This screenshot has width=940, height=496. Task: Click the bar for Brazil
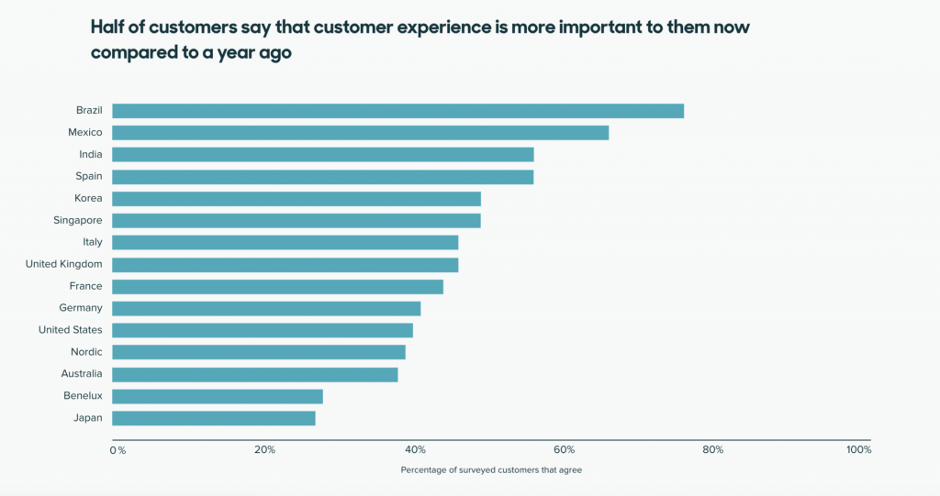coord(397,111)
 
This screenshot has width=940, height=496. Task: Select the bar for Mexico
coord(360,133)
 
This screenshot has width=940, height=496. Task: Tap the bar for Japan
coord(213,418)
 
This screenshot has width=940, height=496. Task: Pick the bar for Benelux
coord(217,396)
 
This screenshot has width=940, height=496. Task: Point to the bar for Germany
coord(266,308)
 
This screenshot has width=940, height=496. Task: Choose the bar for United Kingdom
coord(285,265)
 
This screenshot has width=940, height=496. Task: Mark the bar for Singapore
coord(296,221)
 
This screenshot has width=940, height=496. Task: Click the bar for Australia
coord(254,374)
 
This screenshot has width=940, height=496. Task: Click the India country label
coord(90,154)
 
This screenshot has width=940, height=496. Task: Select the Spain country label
coord(88,176)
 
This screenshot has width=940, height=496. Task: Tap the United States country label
coord(70,330)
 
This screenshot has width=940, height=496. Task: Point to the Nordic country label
coord(86,352)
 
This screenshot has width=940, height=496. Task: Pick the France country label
coord(85,286)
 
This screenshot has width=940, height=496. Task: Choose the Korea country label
coord(88,198)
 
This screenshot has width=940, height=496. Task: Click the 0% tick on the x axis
coord(117,450)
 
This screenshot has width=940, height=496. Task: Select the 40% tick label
coord(415,450)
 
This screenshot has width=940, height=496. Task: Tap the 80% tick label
coord(712,450)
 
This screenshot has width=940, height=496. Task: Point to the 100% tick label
coord(858,450)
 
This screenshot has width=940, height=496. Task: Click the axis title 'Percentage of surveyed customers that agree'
coord(491,470)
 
